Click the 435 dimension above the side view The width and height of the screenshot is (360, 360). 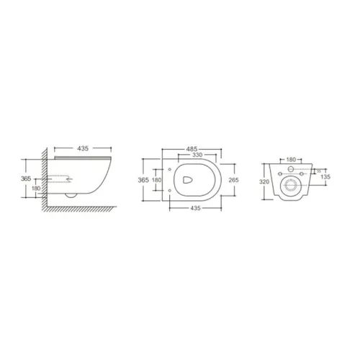81,148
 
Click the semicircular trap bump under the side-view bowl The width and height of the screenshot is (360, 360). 71,194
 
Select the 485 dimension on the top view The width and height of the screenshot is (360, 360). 192,149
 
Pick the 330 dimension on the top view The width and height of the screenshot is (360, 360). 192,156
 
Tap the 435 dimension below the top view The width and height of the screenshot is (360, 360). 192,207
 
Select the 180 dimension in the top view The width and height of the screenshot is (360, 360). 157,181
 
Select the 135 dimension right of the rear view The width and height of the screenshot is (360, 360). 325,175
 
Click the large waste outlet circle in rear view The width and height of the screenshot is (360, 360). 291,188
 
